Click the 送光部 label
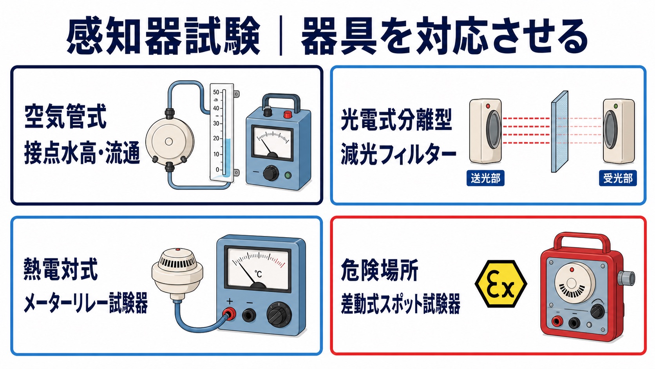(485, 178)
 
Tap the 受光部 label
(618, 178)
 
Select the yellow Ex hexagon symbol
(501, 284)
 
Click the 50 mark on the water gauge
(216, 93)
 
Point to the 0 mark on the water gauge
(217, 170)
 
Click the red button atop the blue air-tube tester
(288, 114)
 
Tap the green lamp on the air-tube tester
(288, 175)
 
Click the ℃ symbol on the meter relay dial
(258, 274)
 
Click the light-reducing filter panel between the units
(560, 132)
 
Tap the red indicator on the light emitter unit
(488, 106)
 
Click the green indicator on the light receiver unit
(616, 106)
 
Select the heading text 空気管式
(65, 116)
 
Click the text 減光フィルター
(398, 154)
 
